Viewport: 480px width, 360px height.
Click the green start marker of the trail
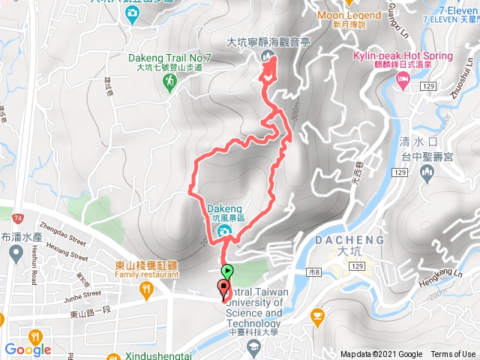(227, 271)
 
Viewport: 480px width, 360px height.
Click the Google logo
(27, 349)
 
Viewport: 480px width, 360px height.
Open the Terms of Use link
(453, 355)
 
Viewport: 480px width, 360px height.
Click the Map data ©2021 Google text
(381, 355)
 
